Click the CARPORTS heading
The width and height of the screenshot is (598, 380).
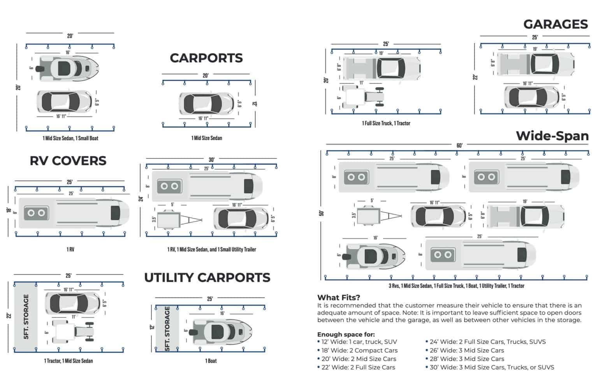point(206,58)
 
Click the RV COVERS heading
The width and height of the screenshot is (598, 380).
point(68,161)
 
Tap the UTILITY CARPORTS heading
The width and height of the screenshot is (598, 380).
point(207,278)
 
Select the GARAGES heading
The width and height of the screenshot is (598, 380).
point(555,24)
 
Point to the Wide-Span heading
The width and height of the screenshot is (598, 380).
point(552,136)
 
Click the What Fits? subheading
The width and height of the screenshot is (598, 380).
point(338,298)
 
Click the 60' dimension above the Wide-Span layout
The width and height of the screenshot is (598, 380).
point(459,145)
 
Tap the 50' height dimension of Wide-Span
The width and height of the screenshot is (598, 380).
point(321,213)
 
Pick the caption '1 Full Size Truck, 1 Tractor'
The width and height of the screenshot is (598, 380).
point(386,123)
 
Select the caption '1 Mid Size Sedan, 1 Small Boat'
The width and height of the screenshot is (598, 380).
point(70,138)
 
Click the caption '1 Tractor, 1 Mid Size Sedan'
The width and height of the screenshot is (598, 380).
point(68,361)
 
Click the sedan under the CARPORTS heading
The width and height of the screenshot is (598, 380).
point(206,104)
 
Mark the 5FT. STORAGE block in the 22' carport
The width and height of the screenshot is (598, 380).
point(26,317)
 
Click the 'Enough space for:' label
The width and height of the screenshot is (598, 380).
point(346,334)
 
